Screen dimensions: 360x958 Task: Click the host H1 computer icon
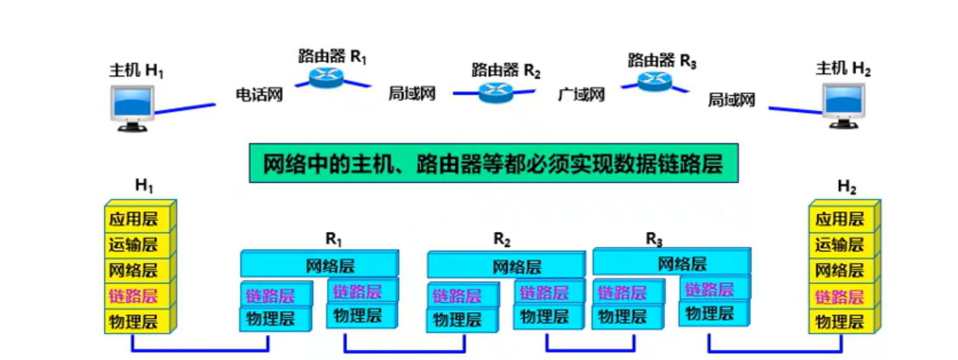pos(134,108)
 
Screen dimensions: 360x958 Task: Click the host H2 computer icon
pos(844,105)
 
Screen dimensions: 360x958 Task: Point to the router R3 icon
pos(656,81)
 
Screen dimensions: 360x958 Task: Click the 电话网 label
pos(259,95)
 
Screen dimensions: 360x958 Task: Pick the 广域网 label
pos(581,95)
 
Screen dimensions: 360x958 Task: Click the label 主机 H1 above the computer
pos(137,72)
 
